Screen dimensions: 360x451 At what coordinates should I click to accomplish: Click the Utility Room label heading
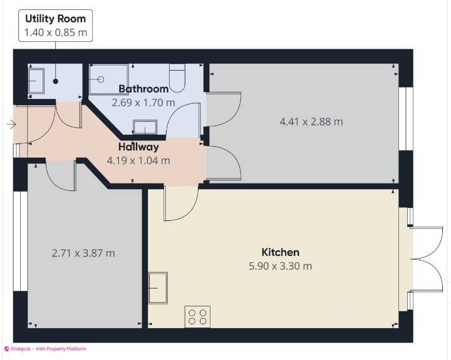(55, 18)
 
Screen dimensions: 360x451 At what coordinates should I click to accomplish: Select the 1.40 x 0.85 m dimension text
(55, 32)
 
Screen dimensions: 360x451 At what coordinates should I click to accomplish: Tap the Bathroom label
(143, 89)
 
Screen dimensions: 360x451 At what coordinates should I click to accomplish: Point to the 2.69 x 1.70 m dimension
(143, 101)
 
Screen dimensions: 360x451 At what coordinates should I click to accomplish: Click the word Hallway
(138, 147)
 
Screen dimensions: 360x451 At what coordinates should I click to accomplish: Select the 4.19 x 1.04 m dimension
(138, 160)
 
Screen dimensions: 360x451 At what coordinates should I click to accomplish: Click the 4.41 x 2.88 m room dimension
(311, 121)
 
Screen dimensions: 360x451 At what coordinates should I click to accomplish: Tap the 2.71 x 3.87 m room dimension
(83, 253)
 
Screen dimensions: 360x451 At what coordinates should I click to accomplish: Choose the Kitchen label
(280, 252)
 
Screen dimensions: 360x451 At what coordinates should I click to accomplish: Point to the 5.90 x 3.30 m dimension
(280, 266)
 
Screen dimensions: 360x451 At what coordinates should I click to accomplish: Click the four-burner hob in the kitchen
(199, 316)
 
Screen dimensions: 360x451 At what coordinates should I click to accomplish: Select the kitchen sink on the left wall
(158, 287)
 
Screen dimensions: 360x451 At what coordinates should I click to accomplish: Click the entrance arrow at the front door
(11, 125)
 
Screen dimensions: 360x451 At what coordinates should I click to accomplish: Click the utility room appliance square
(36, 81)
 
